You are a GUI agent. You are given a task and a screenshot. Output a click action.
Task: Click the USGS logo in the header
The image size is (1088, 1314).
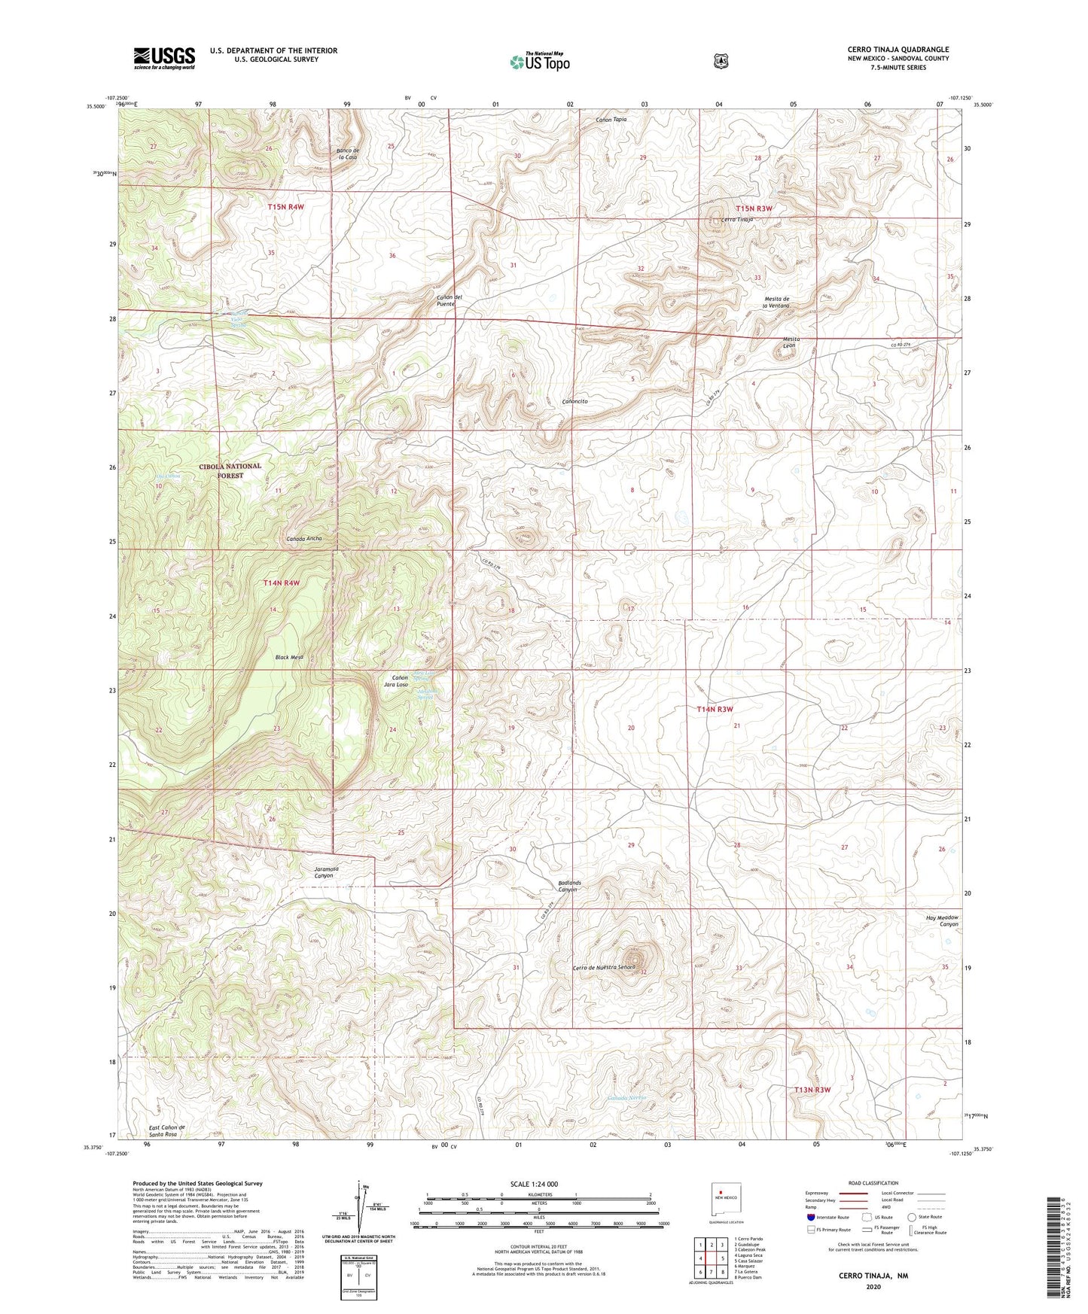click(164, 58)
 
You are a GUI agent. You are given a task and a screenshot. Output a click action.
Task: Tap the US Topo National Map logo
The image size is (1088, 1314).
click(539, 62)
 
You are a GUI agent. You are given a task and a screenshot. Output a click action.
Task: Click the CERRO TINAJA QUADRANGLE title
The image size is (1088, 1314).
click(898, 50)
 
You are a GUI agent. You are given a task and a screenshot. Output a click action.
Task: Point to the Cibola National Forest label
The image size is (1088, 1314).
click(230, 470)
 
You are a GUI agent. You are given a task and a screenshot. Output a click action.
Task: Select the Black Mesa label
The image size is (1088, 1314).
click(289, 657)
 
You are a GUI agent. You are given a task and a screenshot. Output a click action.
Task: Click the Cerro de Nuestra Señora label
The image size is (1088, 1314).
click(605, 967)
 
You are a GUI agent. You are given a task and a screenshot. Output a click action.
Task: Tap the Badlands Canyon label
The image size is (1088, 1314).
click(568, 886)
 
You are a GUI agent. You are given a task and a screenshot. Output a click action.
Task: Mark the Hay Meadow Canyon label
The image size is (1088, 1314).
click(942, 920)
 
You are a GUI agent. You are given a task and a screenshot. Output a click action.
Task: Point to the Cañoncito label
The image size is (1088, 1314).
click(574, 402)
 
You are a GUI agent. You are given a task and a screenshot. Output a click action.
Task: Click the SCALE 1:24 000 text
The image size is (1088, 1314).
click(534, 1184)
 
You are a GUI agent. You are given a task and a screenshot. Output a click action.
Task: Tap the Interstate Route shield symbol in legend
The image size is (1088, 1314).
click(810, 1217)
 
